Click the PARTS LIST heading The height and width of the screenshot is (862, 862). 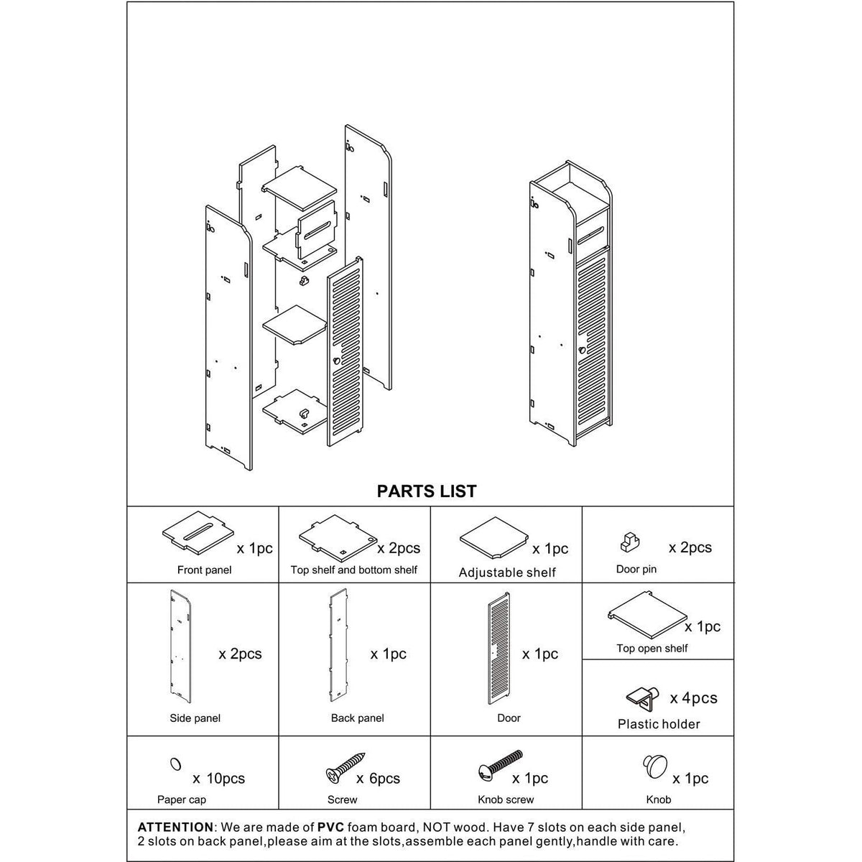point(427,491)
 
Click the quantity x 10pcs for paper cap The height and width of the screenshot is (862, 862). point(218,779)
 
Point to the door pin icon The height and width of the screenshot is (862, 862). point(630,542)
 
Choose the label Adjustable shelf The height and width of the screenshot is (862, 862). point(507,573)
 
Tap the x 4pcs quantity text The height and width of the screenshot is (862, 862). point(693,698)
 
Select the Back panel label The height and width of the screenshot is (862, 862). point(357,718)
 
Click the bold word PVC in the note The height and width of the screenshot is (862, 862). point(330,827)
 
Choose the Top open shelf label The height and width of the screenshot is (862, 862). point(652,648)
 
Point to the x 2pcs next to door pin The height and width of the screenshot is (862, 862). point(690,547)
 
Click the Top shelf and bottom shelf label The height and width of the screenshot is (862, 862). point(353,570)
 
